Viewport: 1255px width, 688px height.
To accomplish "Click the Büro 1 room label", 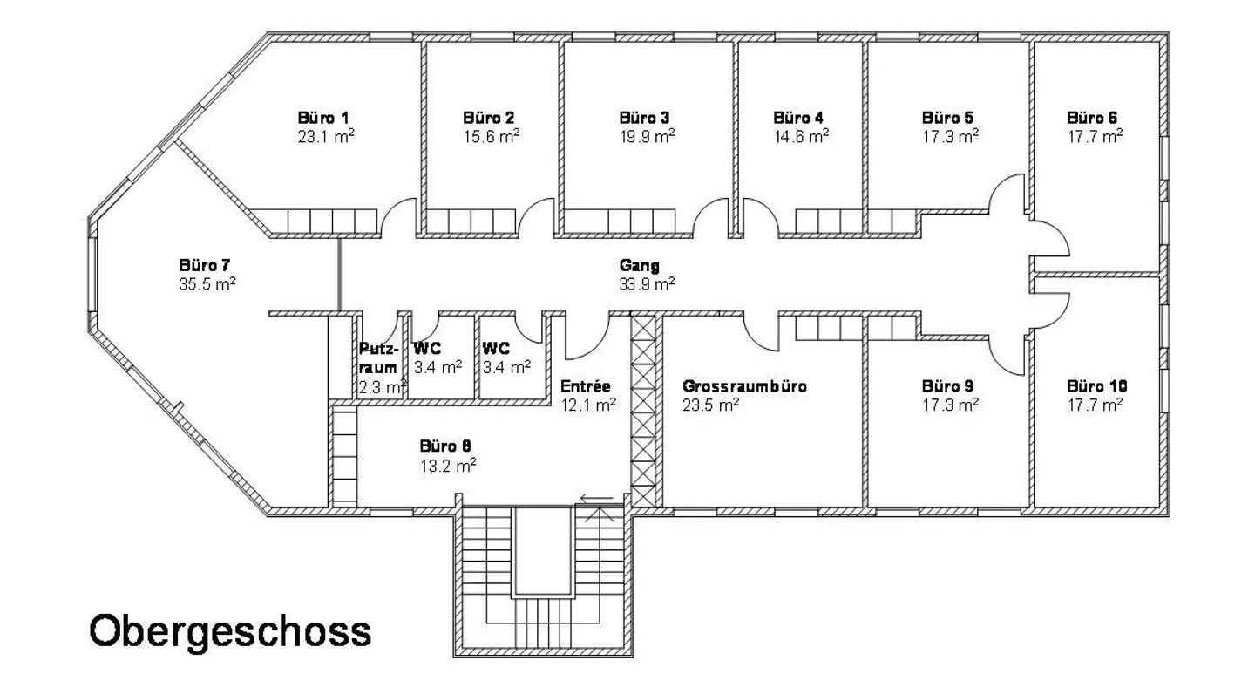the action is pos(323,118).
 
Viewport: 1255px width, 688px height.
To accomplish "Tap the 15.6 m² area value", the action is pos(492,136).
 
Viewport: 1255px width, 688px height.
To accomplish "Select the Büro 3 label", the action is pos(644,118).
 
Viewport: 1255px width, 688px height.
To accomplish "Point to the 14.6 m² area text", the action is pos(801,136).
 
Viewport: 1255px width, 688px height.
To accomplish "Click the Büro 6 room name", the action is pos(1092,118).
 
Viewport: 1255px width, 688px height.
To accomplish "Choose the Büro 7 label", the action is pos(205,265).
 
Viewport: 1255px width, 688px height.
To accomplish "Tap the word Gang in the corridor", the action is pos(640,265).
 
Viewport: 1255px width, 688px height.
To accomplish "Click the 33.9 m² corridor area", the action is pos(647,283).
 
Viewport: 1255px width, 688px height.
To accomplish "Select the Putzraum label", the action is pos(379,358).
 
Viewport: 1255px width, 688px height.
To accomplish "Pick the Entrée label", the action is pos(586,385).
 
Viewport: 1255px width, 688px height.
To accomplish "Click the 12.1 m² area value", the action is pos(588,405).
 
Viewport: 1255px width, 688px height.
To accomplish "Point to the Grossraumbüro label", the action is pos(744,386).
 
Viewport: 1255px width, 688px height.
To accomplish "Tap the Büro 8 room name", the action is pos(445,446).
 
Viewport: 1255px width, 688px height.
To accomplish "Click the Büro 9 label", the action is pos(947,385).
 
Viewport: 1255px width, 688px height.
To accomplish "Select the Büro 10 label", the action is pos(1097,385).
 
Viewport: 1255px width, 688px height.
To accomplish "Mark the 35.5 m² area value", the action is pos(207,283).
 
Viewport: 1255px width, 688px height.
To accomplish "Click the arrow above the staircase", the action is pos(597,498).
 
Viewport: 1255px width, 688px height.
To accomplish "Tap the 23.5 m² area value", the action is pos(711,405).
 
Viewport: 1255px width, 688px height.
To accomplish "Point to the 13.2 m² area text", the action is pos(448,466).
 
